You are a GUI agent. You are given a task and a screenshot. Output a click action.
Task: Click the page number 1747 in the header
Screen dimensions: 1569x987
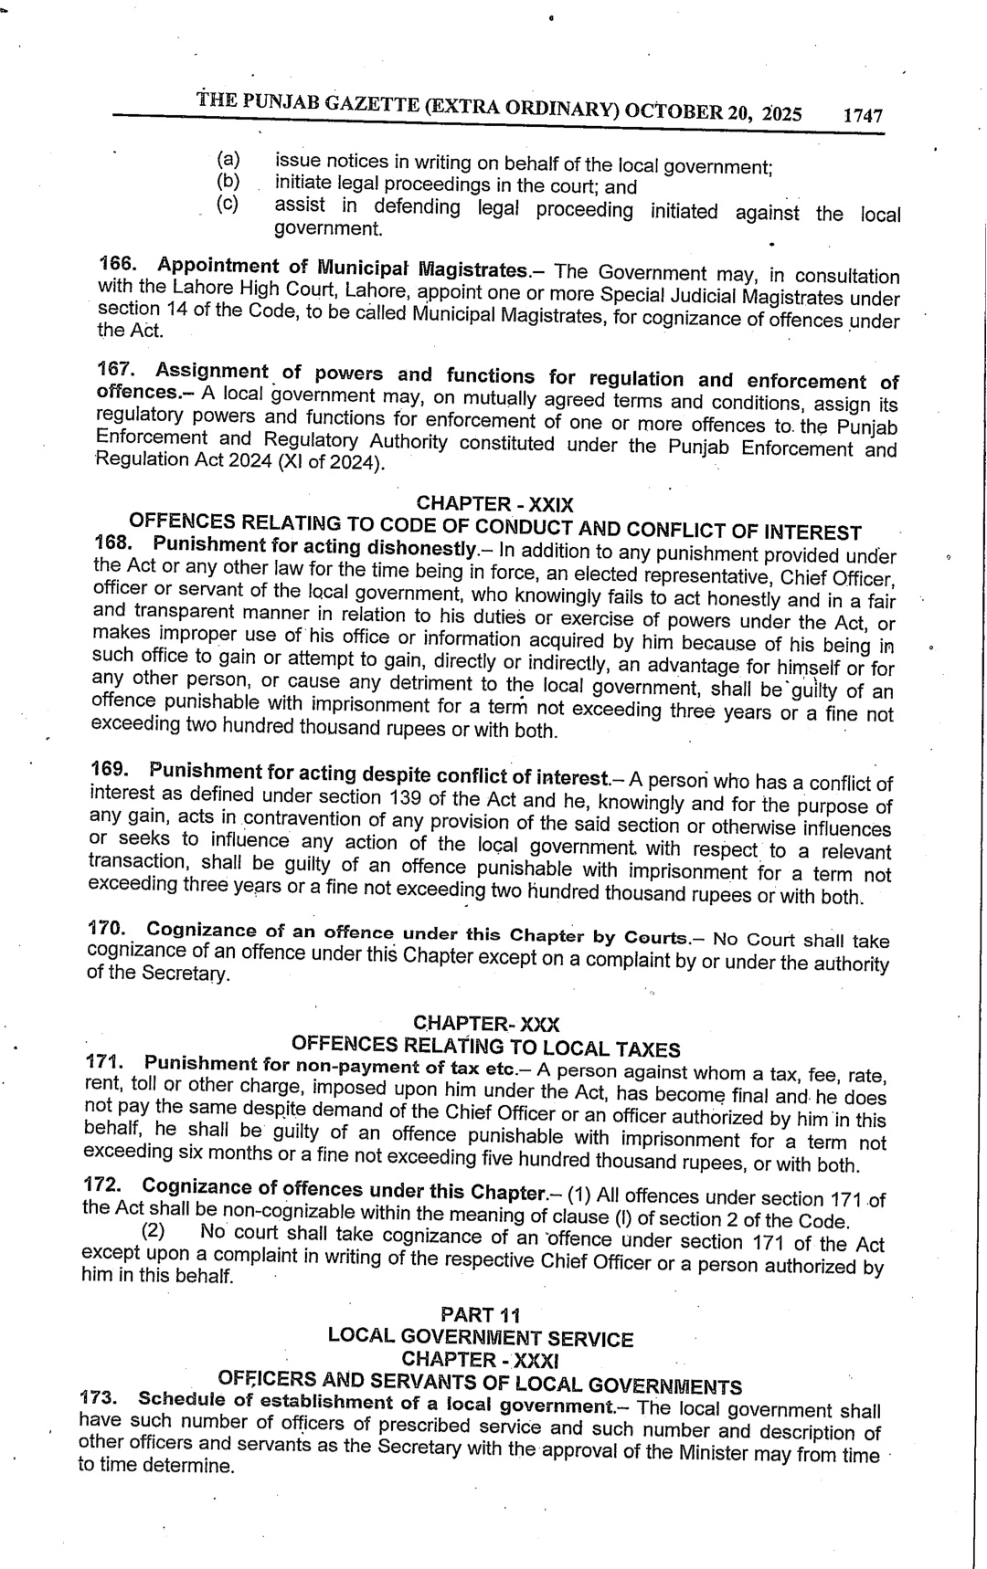pyautogui.click(x=863, y=116)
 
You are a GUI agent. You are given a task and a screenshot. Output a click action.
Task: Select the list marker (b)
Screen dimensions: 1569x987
pyautogui.click(x=228, y=181)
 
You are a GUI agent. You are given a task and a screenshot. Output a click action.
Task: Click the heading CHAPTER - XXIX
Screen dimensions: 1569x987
pyautogui.click(x=494, y=503)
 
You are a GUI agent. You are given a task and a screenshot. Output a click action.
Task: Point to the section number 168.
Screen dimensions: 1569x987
pyautogui.click(x=113, y=542)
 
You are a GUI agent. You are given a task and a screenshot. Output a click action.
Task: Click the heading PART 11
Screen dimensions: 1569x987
pyautogui.click(x=480, y=1315)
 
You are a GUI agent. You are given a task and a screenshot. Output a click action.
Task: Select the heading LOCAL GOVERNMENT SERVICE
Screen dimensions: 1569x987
pyautogui.click(x=480, y=1339)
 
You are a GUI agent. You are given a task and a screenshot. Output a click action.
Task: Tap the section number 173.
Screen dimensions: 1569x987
pyautogui.click(x=99, y=1398)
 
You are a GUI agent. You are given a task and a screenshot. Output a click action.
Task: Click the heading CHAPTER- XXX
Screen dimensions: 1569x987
pyautogui.click(x=486, y=1023)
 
